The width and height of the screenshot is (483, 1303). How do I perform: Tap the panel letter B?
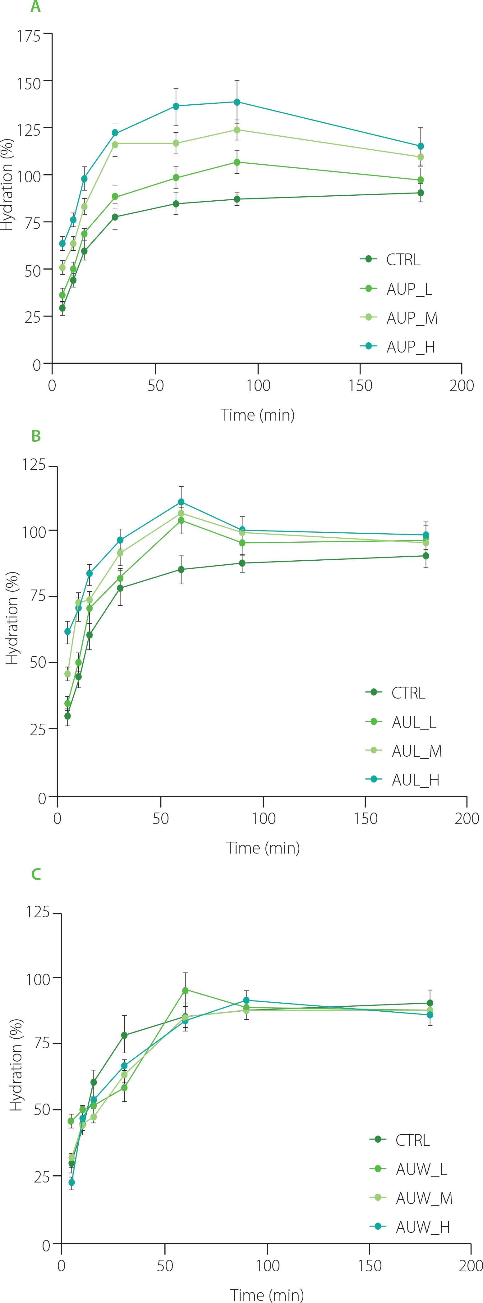36,436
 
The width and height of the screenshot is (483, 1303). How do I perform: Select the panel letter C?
36,874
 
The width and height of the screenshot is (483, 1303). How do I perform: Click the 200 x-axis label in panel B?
466,818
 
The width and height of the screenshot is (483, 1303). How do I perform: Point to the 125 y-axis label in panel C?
38,912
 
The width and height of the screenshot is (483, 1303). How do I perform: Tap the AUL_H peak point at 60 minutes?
181,502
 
